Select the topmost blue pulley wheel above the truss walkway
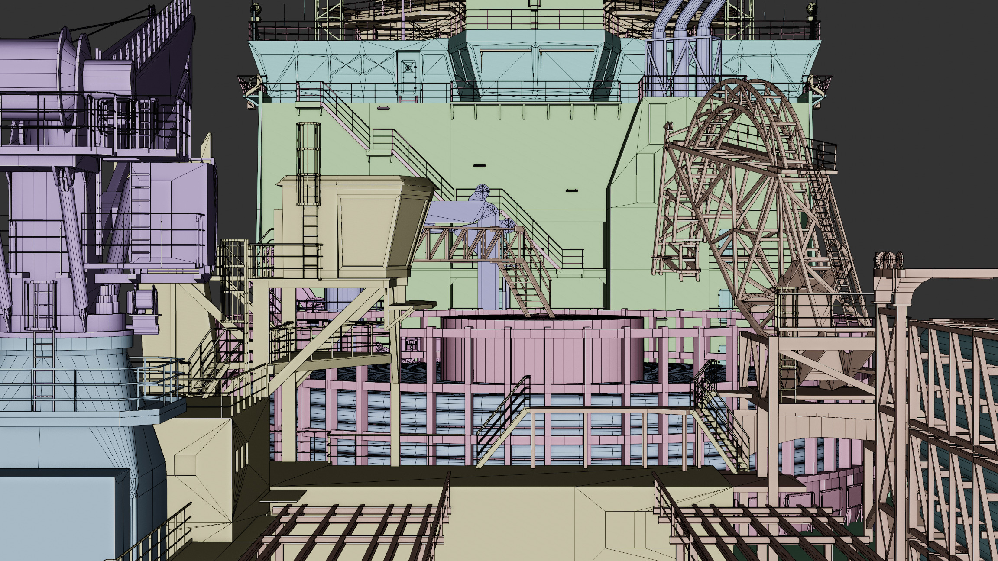tap(482, 191)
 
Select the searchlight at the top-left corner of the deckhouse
tap(256, 7)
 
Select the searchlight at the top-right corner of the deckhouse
tap(811, 7)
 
